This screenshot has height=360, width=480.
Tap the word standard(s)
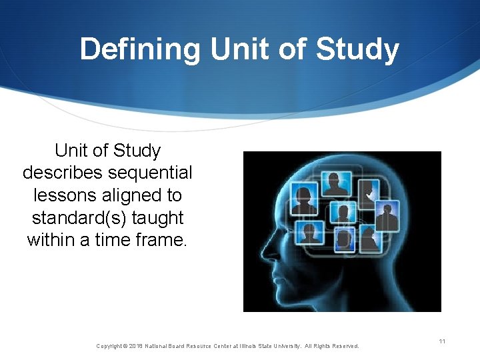click(x=81, y=217)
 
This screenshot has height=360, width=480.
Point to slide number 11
click(x=442, y=341)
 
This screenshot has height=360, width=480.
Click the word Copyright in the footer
click(x=109, y=346)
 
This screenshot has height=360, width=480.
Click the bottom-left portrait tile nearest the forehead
click(x=309, y=233)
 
